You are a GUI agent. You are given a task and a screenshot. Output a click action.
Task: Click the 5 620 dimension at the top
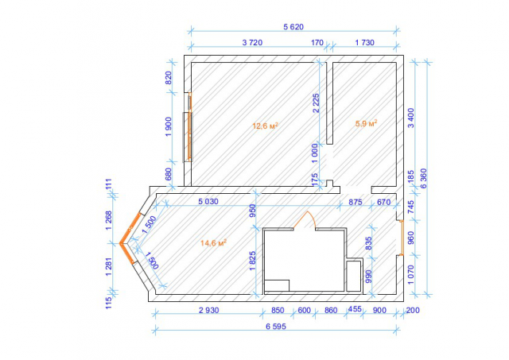293,27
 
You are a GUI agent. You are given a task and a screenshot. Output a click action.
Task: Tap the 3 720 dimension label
252,42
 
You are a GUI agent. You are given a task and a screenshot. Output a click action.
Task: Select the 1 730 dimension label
364,42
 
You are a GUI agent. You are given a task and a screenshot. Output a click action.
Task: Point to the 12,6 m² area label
265,126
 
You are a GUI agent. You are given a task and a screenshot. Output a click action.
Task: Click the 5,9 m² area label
366,123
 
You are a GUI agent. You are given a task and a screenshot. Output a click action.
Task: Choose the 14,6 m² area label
213,242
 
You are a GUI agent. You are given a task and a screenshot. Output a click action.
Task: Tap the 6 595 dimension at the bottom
276,327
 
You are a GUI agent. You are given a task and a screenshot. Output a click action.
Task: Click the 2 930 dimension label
208,311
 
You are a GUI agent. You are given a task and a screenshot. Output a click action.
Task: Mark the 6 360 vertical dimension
424,178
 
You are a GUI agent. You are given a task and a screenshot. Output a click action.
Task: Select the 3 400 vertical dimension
410,118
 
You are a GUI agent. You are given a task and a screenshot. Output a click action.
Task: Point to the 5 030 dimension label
208,201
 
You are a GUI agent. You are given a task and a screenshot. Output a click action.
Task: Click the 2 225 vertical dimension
316,103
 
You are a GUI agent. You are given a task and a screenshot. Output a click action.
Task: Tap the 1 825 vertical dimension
253,261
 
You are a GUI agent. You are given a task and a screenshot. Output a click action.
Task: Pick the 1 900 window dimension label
169,127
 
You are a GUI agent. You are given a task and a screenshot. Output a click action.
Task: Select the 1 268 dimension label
108,221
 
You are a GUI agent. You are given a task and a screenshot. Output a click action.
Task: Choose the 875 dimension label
356,202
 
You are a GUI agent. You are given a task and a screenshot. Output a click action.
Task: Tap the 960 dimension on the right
410,238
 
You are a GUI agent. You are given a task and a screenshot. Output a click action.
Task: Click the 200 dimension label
413,311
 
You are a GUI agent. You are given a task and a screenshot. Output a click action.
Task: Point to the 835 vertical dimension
368,243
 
